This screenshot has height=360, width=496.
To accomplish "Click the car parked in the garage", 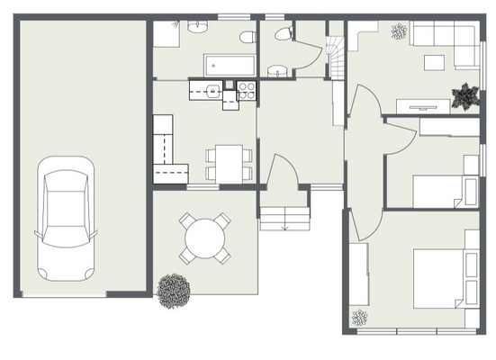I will [x=65, y=217].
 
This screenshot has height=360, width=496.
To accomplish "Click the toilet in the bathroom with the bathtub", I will [x=250, y=37].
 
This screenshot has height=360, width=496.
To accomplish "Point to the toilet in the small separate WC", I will [x=284, y=35].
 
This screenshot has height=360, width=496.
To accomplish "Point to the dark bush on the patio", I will [x=174, y=290].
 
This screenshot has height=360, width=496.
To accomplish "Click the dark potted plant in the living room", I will [x=465, y=94].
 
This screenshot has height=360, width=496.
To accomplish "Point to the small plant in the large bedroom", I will [x=361, y=317].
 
